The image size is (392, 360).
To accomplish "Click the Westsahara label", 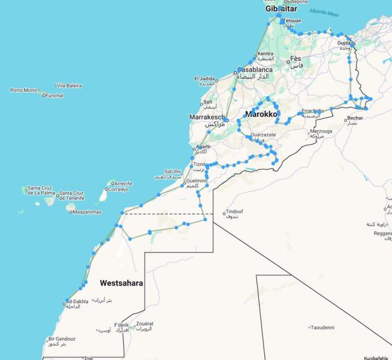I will pyautogui.click(x=121, y=283).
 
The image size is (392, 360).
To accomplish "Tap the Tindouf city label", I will pyautogui.click(x=234, y=212).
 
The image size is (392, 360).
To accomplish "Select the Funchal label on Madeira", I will pyautogui.click(x=55, y=95).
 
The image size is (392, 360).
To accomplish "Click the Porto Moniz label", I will pyautogui.click(x=23, y=90).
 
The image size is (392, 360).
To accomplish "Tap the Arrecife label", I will pyautogui.click(x=123, y=183).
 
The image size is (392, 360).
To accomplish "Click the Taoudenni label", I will pyautogui.click(x=323, y=328).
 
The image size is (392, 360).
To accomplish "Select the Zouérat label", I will pyautogui.click(x=143, y=324).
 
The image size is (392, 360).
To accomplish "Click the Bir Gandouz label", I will pyautogui.click(x=62, y=339).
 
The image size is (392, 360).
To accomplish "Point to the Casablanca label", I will pyautogui.click(x=255, y=70).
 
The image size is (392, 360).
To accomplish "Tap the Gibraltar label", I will pyautogui.click(x=282, y=9).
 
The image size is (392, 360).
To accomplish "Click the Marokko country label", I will pyautogui.click(x=261, y=113).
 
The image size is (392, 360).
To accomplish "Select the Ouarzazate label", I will pyautogui.click(x=263, y=135).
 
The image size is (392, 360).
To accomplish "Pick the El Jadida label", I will pyautogui.click(x=204, y=79).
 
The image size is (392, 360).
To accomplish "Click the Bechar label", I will pyautogui.click(x=354, y=118).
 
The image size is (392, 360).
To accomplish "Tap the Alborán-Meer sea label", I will pyautogui.click(x=324, y=11).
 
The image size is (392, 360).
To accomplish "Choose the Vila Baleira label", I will pyautogui.click(x=69, y=86).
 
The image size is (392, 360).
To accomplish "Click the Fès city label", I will pyautogui.click(x=295, y=59).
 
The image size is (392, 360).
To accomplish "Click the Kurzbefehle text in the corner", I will pyautogui.click(x=376, y=358).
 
